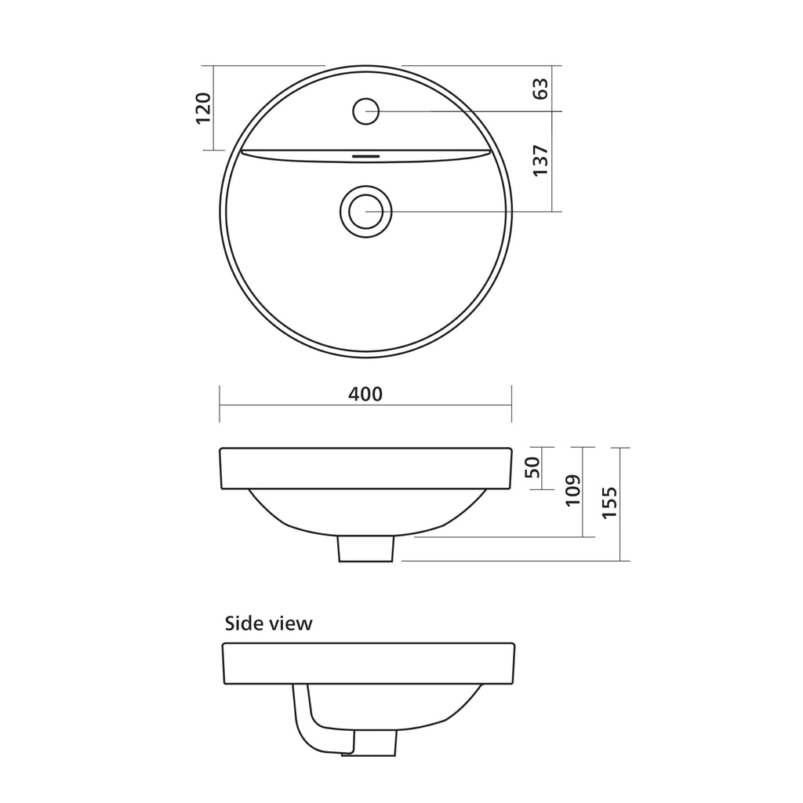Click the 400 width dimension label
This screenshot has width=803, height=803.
[x=365, y=394]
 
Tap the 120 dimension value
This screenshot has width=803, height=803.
[x=203, y=107]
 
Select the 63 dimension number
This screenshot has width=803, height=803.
[x=540, y=89]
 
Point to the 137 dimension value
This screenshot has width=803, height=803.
[x=540, y=161]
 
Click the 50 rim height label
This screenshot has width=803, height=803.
[x=533, y=467]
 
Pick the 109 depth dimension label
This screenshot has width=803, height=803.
[x=572, y=491]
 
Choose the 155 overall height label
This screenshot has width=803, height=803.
[x=609, y=503]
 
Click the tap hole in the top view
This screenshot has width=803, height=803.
[x=365, y=111]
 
